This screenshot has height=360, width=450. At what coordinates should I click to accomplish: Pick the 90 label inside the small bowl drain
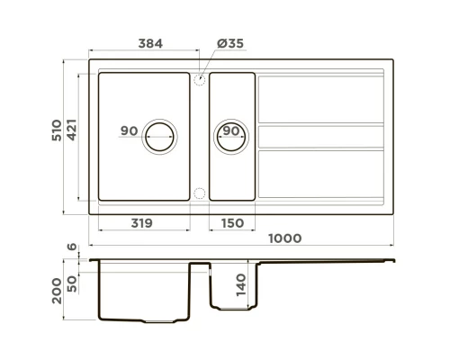(230, 131)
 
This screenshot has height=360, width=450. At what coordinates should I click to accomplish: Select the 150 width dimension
(231, 223)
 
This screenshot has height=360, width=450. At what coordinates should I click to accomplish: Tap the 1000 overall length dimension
(283, 238)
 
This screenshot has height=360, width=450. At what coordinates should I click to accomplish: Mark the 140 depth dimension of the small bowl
(240, 284)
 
